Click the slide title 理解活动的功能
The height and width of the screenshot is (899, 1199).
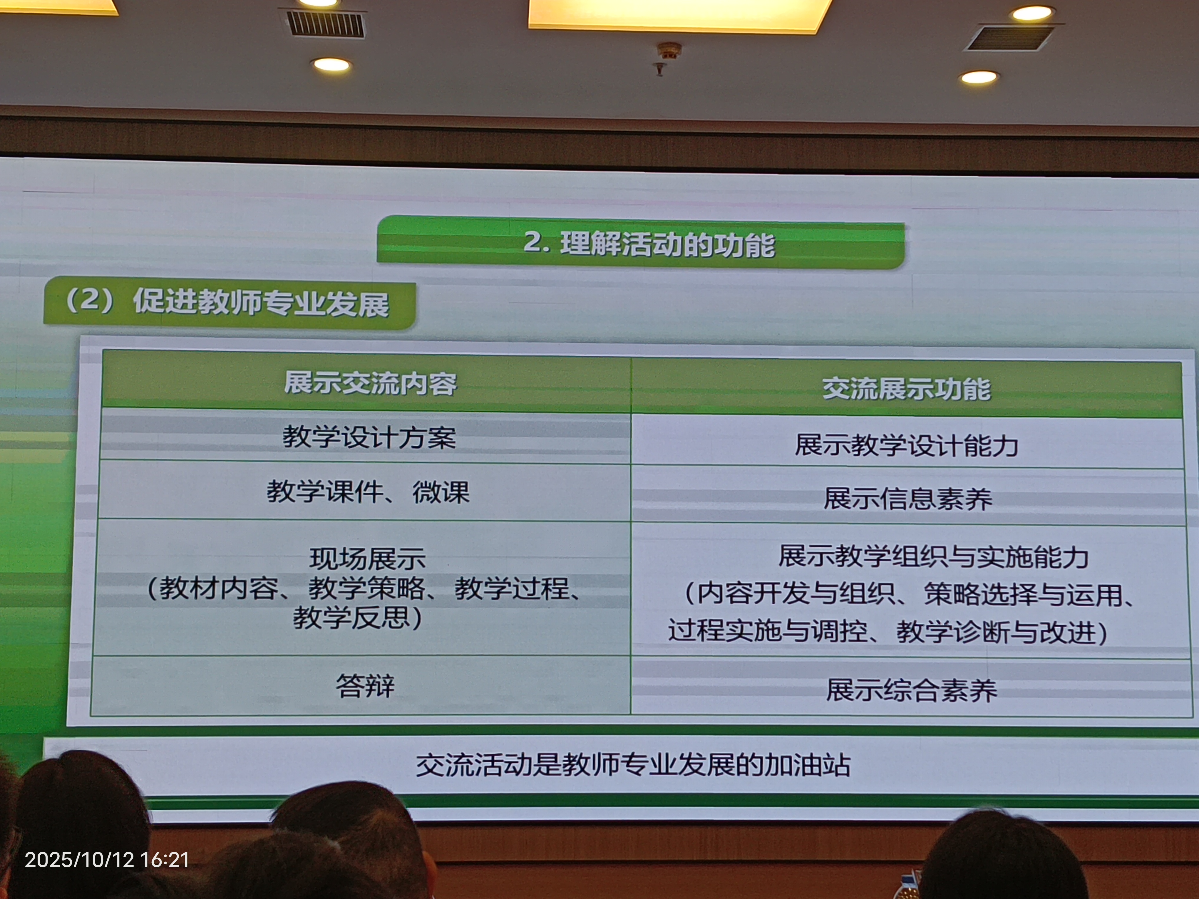point(668,244)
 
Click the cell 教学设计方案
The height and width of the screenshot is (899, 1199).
point(369,437)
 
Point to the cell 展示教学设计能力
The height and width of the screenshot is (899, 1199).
point(906,445)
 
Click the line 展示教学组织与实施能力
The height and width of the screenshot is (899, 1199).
point(933,556)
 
